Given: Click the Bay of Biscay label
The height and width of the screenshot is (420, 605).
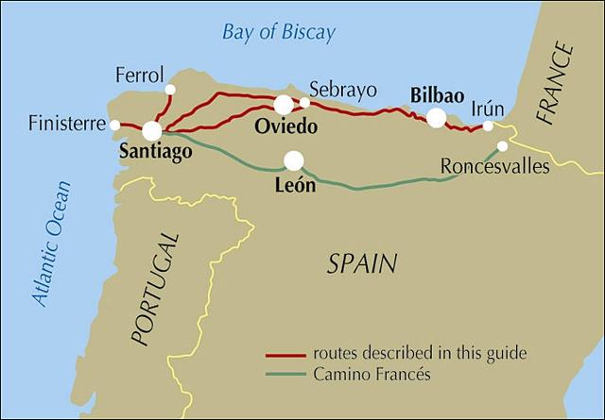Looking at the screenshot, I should (278, 33).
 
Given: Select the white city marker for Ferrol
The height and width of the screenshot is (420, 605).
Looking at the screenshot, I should (170, 90).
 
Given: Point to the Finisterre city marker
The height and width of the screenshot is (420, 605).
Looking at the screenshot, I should (114, 125).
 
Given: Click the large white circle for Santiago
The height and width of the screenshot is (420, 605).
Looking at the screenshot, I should (152, 131).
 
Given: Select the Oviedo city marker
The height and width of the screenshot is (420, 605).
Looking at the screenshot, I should (284, 105).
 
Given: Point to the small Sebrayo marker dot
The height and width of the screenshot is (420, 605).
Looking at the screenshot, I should (304, 103).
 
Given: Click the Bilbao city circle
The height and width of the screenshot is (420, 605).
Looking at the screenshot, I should (436, 117).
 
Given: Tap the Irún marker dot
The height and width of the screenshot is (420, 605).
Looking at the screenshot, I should (488, 126).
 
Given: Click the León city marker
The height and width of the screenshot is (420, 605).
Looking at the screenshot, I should (294, 160).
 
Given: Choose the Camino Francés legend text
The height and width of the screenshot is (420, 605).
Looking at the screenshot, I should (372, 374).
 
